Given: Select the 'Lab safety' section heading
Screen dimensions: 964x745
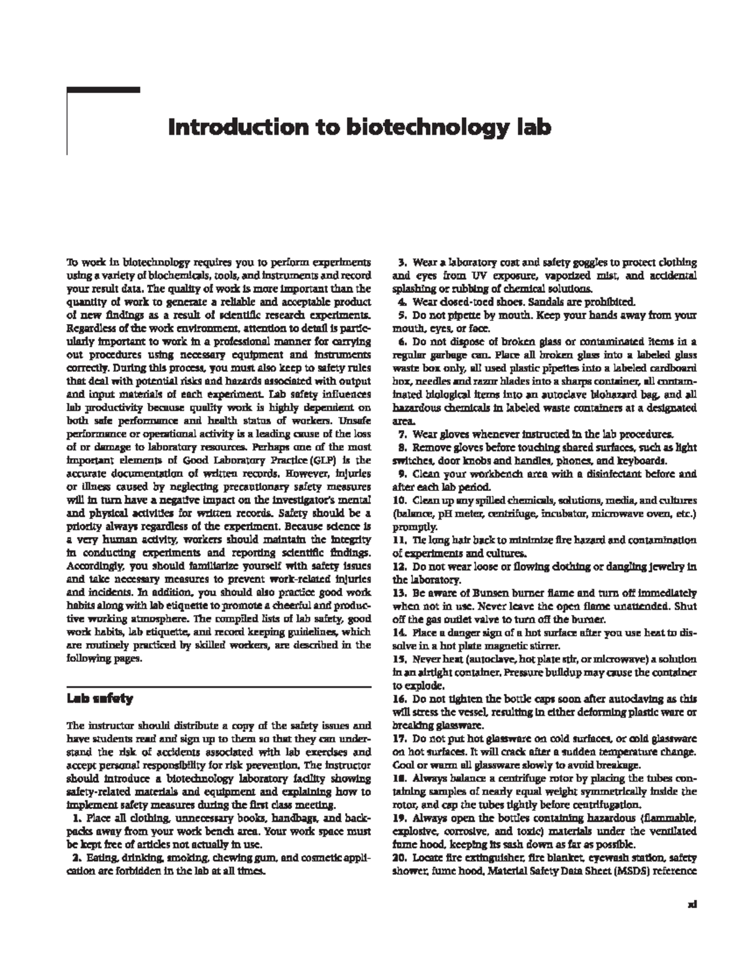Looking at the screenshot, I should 99,698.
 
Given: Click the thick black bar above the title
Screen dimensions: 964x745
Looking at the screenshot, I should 103,90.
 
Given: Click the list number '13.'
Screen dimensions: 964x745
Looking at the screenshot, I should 400,593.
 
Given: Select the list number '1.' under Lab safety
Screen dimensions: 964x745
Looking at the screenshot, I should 76,818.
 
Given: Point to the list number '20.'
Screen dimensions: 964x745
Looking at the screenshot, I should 400,857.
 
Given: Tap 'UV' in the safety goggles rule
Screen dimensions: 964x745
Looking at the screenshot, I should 479,276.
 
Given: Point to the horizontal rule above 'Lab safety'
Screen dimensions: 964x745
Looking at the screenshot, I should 219,687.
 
